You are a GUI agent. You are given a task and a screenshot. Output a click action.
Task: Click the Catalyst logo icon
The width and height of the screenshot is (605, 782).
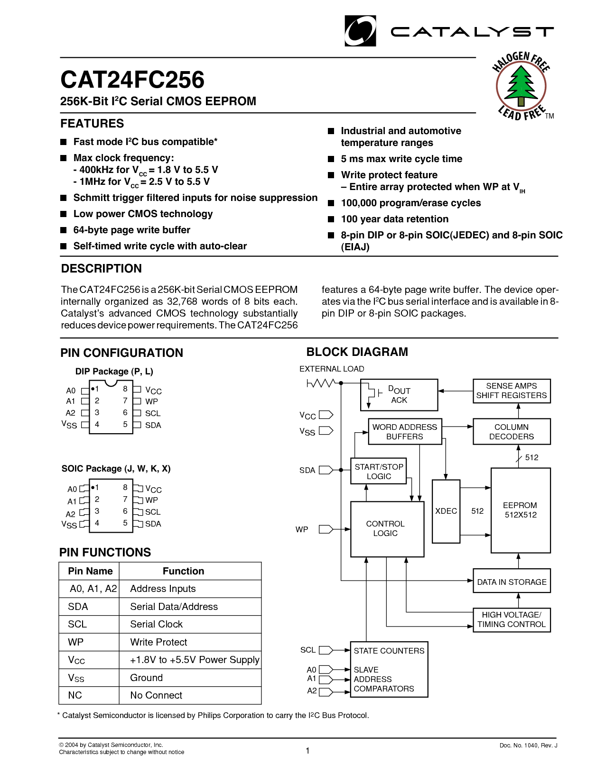coord(360,31)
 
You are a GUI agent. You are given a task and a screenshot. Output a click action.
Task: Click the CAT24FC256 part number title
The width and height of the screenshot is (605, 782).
coord(132,80)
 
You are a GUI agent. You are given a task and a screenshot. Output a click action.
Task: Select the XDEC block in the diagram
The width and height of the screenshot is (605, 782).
coord(446,511)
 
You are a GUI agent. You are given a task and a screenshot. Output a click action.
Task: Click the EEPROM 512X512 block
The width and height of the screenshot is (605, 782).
coord(521,510)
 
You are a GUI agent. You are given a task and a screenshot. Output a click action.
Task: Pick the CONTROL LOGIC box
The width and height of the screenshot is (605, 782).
coord(387,528)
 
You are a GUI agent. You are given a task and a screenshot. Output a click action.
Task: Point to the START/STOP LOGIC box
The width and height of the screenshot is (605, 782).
coord(379,471)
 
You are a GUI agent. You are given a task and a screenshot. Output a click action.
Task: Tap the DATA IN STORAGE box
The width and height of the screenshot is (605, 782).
coord(512,582)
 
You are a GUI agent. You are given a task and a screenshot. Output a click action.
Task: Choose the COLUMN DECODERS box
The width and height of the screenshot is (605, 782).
coord(512,431)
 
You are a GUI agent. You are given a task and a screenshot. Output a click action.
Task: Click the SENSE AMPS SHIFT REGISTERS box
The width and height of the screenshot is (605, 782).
coord(512,391)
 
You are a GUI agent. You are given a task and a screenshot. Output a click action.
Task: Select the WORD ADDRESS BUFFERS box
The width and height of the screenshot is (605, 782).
coord(405,431)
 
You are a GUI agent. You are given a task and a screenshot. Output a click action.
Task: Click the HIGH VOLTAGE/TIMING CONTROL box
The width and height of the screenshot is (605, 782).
coord(512,619)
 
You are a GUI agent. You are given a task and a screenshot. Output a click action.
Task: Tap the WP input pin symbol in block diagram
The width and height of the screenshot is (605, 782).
coord(326,529)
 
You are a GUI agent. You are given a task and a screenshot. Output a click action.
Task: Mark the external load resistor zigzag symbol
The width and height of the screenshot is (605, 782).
coord(321,383)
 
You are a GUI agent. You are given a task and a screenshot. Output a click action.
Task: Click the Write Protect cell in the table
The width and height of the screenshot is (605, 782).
coord(158,642)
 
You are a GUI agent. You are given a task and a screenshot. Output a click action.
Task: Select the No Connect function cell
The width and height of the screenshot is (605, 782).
coord(156,695)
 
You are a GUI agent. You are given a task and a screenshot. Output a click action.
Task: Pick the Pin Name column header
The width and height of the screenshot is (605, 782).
coord(90,571)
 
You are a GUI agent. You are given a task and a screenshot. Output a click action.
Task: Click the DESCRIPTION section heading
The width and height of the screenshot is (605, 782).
coord(102,269)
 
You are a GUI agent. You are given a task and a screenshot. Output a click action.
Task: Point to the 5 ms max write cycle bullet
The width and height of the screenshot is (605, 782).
coord(401,159)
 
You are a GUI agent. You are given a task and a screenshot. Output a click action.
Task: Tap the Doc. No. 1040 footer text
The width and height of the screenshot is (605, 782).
coord(528,746)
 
